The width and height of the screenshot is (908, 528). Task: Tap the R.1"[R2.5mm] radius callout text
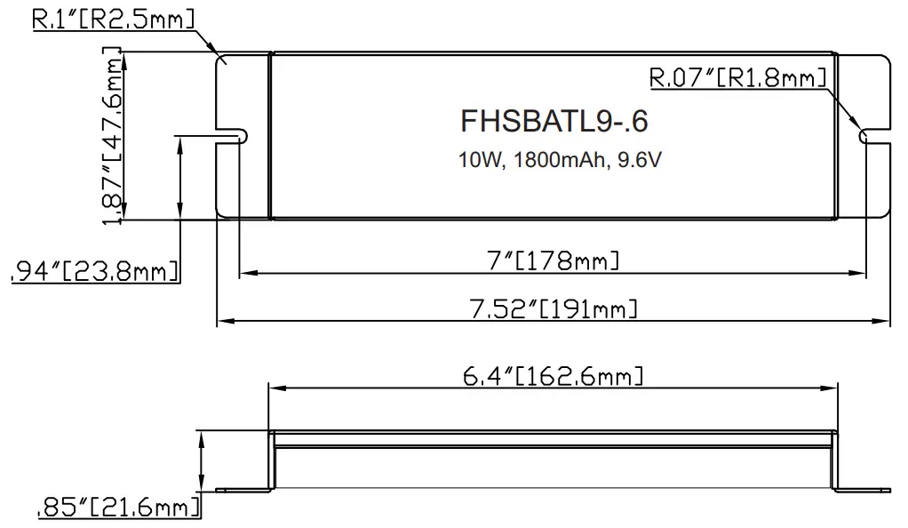tap(113, 19)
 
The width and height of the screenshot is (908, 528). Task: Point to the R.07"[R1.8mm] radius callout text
tap(738, 78)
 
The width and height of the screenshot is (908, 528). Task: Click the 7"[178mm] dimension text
tap(555, 260)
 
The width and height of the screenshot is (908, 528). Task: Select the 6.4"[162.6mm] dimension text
tap(553, 376)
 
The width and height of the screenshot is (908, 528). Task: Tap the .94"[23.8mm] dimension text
tap(93, 272)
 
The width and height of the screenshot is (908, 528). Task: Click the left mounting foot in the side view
tap(243, 488)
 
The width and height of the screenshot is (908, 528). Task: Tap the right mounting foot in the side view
tap(864, 488)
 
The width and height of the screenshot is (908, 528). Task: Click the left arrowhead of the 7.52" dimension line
tap(223, 320)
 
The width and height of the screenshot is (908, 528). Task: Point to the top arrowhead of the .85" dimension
tap(205, 436)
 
